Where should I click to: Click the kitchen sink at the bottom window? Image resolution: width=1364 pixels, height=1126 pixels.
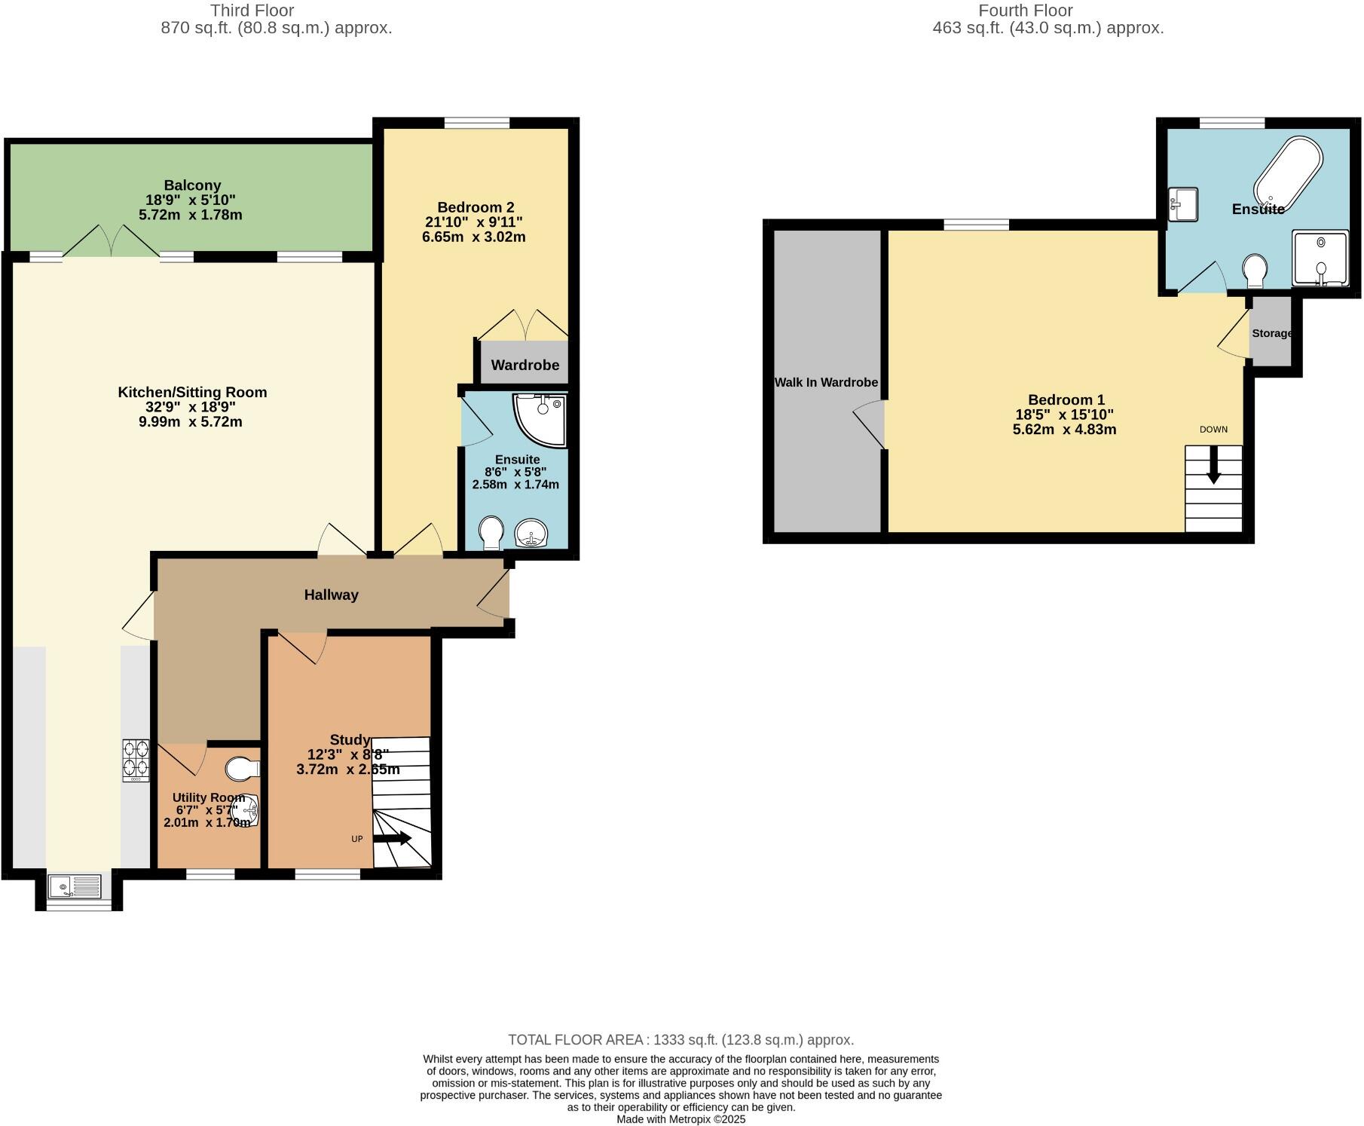pos(75,886)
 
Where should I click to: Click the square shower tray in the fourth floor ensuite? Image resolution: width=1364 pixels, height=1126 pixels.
pos(1320,259)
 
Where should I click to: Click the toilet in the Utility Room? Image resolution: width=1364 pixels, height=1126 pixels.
pos(241,769)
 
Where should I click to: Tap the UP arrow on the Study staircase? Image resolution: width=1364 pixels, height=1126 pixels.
pos(392,838)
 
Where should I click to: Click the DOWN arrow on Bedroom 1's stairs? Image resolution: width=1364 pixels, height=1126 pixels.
pos(1213,464)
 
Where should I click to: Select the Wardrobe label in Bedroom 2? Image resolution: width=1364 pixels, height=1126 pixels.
pos(524,365)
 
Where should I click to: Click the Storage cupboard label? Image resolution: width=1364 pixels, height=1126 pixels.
pos(1271,333)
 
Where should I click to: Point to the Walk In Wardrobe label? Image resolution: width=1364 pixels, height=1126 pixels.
pos(826,382)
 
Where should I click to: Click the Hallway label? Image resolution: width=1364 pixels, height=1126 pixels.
pos(331,595)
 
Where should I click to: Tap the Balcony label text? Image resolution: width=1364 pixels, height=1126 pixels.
pos(192,185)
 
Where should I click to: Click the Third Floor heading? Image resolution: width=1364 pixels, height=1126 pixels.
pos(252,11)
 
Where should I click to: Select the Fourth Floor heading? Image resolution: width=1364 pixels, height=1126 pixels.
pos(1025,11)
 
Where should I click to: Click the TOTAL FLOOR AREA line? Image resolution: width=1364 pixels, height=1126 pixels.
pos(680,1039)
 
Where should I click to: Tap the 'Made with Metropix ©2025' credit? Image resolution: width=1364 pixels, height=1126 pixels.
pos(680,1119)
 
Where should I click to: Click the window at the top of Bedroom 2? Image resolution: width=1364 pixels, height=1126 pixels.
pos(476,123)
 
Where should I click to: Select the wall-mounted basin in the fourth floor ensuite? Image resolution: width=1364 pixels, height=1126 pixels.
pos(1183,204)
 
